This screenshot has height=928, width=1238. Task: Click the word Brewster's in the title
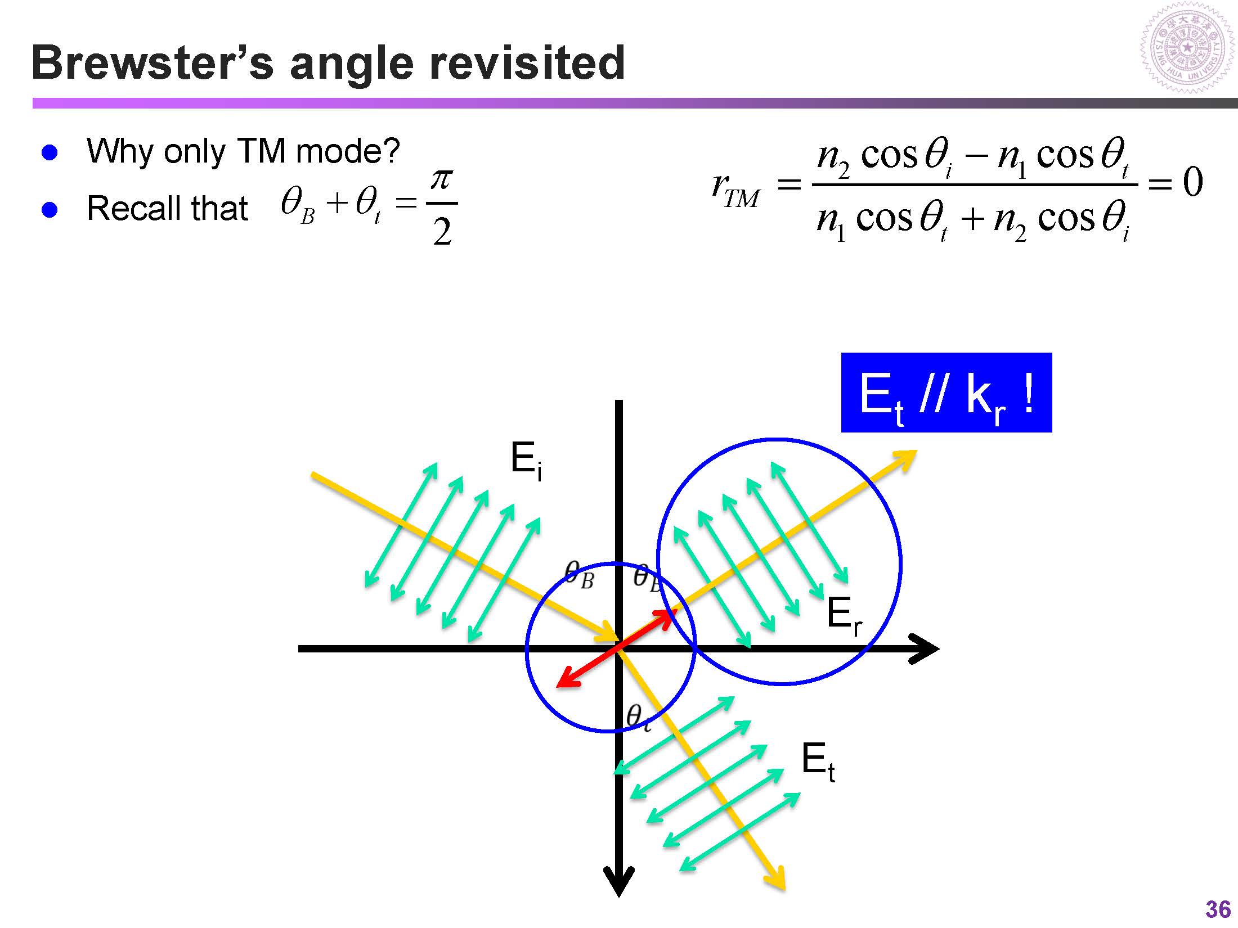click(152, 63)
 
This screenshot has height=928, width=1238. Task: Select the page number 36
click(1218, 909)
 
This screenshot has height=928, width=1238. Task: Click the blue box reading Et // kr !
click(946, 393)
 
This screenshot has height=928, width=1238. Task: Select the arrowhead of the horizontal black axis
click(926, 648)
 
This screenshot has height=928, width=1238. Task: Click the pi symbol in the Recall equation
click(442, 180)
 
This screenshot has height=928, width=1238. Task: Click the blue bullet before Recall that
click(50, 210)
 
